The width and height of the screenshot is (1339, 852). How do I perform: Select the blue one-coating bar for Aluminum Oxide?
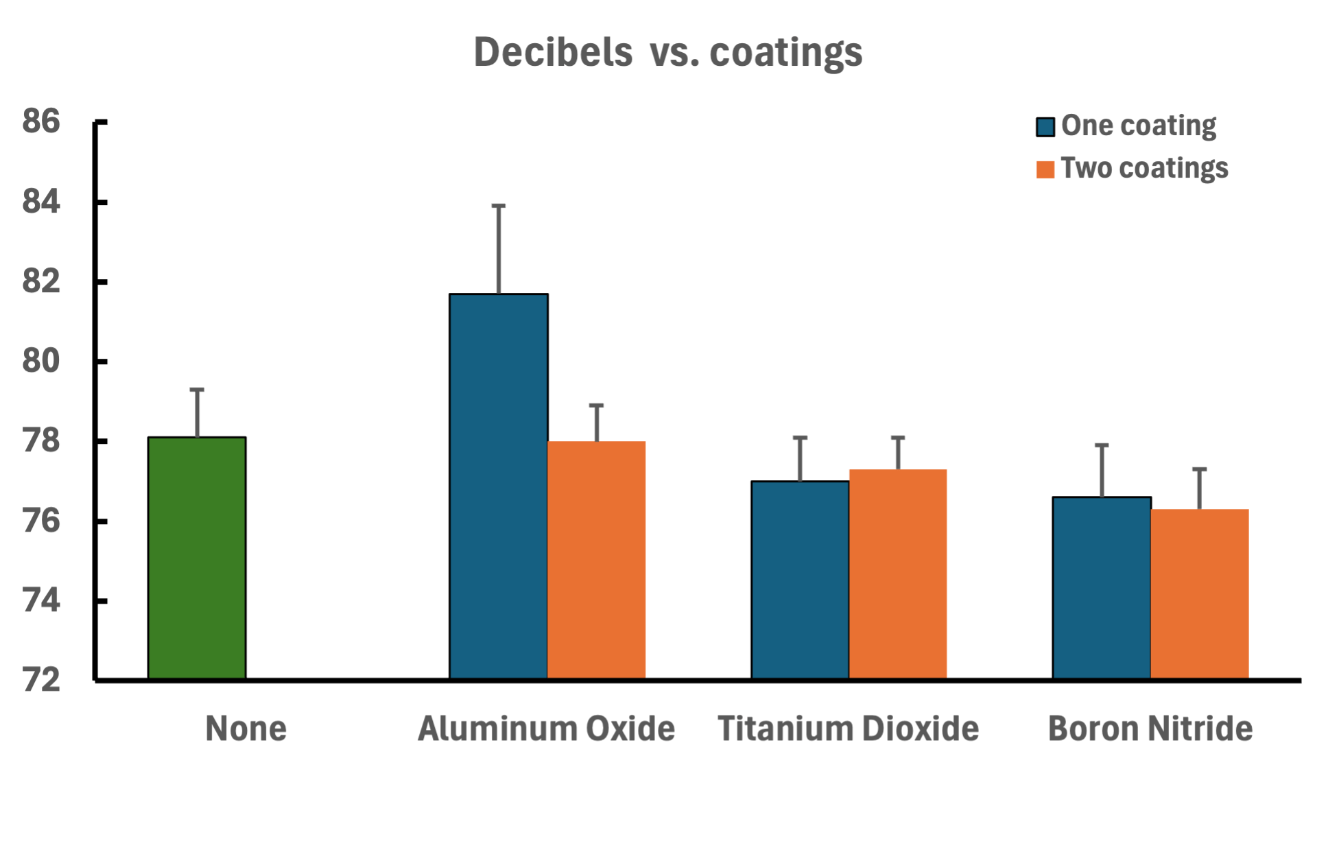coord(499,486)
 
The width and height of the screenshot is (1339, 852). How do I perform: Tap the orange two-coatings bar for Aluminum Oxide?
coord(596,560)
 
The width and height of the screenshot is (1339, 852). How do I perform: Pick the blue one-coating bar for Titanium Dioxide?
coord(800,580)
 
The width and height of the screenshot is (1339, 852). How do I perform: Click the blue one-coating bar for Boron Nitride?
coord(1102,588)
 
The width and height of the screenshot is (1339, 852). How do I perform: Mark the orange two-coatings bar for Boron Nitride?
coord(1200,593)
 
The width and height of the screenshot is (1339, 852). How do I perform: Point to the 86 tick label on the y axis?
coord(41,121)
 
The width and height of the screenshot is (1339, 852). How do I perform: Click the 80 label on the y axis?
coord(41,361)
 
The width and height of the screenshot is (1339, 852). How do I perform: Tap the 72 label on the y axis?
coord(41,681)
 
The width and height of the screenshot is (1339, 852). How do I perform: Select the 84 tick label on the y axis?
coord(41,202)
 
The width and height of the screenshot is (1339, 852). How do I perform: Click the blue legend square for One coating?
coord(1045,127)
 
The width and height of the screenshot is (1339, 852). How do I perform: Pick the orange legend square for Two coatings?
coord(1045,169)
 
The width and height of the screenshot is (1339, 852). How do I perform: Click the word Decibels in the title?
coord(553,52)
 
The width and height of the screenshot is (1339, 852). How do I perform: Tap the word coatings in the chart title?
coord(785,52)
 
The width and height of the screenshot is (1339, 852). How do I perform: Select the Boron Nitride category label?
coord(1150,729)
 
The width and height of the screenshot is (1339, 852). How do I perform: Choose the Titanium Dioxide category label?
coord(848,729)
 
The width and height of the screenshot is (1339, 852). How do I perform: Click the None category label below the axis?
coord(246,729)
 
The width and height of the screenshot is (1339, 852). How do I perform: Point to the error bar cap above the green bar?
coord(197,390)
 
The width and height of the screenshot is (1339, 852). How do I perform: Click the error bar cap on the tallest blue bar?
coord(499,206)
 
